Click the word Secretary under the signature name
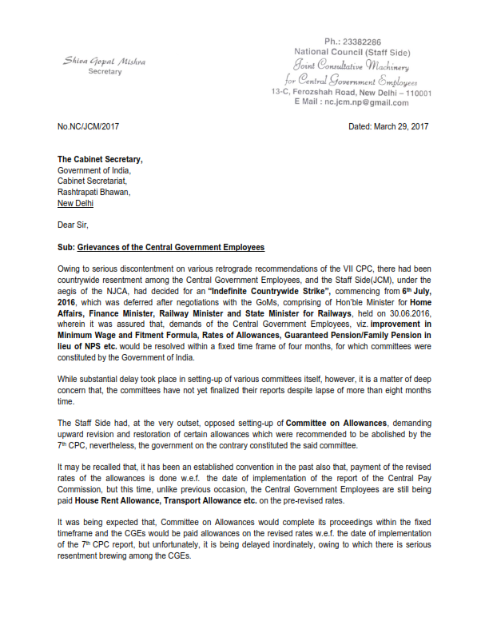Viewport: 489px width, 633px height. coord(105,72)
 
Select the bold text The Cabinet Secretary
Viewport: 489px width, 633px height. coord(100,159)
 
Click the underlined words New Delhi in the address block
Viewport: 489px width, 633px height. coord(77,203)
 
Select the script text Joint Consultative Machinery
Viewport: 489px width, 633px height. coord(352,66)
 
